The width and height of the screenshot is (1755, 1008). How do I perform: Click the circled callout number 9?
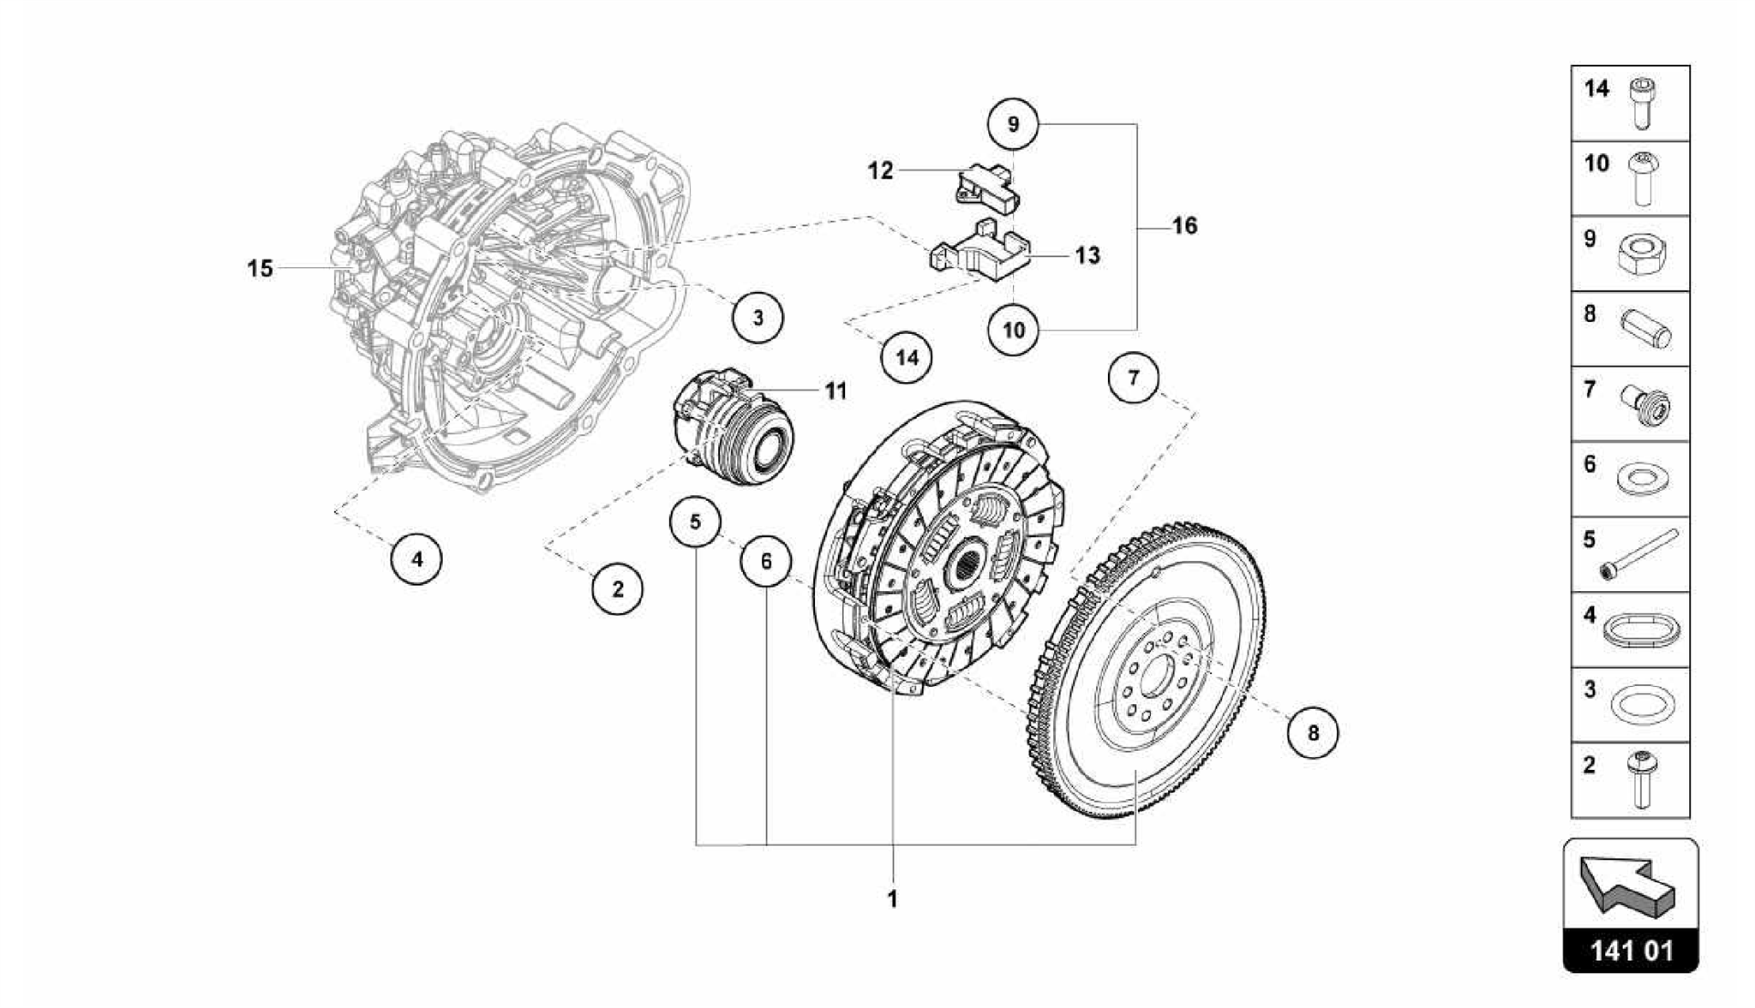1012,125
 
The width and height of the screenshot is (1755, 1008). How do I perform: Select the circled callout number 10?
1012,330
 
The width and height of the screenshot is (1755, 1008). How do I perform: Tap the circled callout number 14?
907,357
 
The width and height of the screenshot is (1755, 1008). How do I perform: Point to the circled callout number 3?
758,319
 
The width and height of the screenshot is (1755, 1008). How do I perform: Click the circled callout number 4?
416,560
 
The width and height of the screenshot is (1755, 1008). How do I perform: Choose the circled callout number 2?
617,589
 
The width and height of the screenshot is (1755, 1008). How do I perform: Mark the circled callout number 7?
1133,378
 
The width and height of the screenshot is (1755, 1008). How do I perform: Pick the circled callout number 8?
1313,733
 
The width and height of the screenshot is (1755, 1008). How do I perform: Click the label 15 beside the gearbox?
260,269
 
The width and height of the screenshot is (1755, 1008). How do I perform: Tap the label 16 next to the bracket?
1184,226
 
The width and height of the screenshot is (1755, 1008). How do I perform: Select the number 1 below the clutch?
892,900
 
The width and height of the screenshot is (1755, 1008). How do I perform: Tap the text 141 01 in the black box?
1630,951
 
